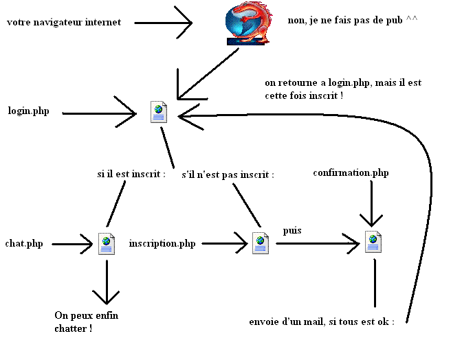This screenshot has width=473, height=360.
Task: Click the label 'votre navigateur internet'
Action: pos(64,22)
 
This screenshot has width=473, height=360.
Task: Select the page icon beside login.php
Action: pos(159,111)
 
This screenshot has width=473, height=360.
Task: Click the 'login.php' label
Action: pos(28,111)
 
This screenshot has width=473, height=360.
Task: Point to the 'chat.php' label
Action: pos(24,243)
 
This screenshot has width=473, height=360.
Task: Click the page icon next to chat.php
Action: pos(106,243)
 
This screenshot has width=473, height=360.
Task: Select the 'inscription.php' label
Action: pos(162,243)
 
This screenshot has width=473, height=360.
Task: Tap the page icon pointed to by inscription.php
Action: pos(260,243)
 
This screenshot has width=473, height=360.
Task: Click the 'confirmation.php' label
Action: pos(351,172)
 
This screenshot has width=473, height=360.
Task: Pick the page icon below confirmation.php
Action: pos(373,242)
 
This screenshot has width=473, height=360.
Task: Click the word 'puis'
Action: pos(292,231)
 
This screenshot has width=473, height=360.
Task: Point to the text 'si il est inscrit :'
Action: pos(131,174)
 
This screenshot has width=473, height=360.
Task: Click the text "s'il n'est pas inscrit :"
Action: pos(228,175)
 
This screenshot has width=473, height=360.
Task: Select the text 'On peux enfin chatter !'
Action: pos(82,322)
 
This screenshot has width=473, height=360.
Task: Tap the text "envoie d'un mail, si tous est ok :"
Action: pos(322,321)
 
